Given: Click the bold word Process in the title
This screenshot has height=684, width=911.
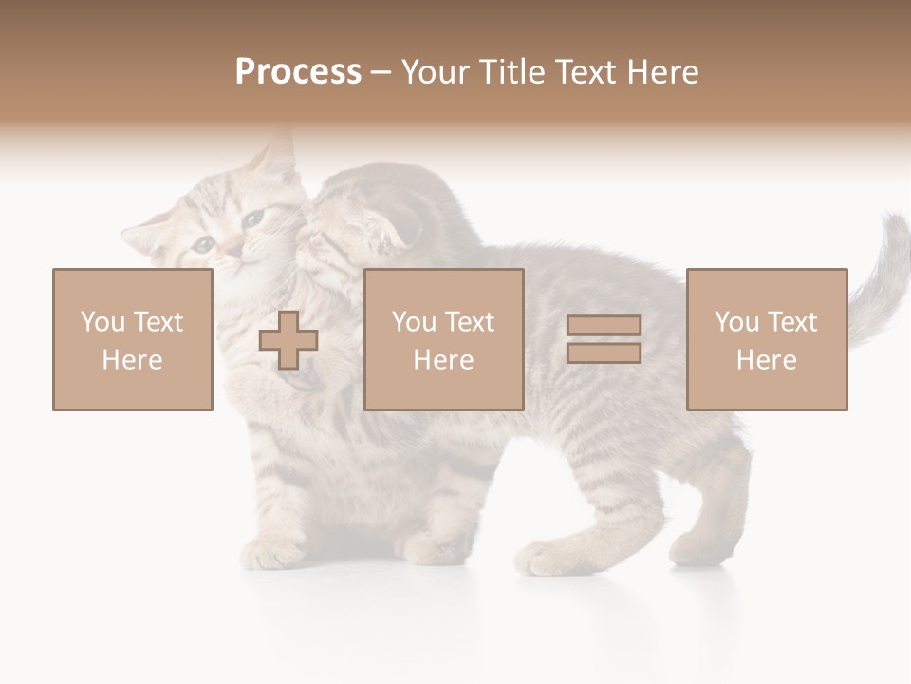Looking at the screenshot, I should click(x=298, y=72).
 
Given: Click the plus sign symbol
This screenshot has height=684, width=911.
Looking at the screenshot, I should click(x=288, y=340).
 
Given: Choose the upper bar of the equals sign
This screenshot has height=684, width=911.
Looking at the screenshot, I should click(x=604, y=326).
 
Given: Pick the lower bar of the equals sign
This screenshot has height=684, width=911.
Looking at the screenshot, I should click(x=604, y=353).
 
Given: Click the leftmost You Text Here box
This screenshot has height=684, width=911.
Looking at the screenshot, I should click(x=133, y=339).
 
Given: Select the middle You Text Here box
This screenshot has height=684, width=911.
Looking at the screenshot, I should click(x=443, y=339).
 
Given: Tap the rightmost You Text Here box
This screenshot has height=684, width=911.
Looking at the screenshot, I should click(x=766, y=339).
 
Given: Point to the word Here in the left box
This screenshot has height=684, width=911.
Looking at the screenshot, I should click(x=132, y=360).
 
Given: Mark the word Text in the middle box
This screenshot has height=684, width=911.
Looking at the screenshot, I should click(x=470, y=322).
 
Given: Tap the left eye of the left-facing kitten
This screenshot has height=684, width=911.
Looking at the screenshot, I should click(x=204, y=244).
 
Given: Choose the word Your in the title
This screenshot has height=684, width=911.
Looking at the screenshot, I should click(x=437, y=72).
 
